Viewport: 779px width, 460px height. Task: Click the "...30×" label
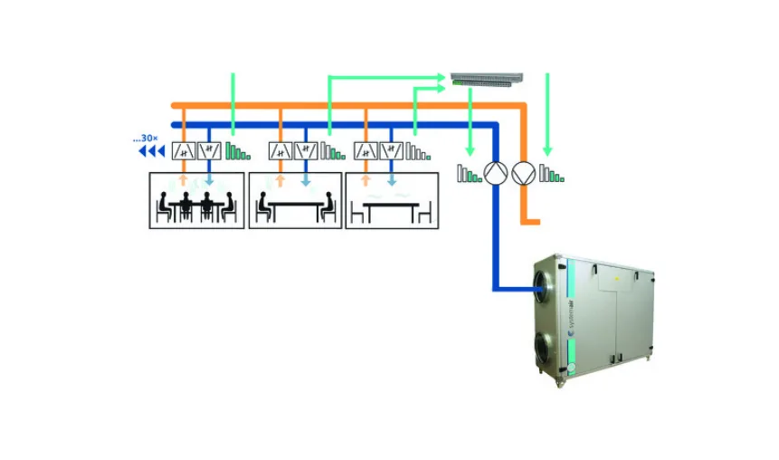pos(146,139)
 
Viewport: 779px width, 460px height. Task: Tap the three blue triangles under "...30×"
pos(151,151)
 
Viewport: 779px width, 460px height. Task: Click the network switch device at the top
pos(486,79)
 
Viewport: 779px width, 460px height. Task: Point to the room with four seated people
pos(195,201)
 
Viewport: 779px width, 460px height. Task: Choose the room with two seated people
pos(294,201)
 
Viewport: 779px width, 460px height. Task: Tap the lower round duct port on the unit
pos(545,348)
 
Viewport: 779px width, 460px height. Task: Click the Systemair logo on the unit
pos(572,318)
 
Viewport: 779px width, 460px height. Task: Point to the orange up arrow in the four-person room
pos(184,180)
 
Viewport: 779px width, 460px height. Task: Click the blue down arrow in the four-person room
pos(209,180)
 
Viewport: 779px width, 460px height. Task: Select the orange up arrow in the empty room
pos(366,180)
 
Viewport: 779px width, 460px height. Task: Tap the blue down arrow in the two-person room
pos(306,180)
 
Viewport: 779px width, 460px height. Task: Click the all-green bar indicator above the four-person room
pos(237,151)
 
